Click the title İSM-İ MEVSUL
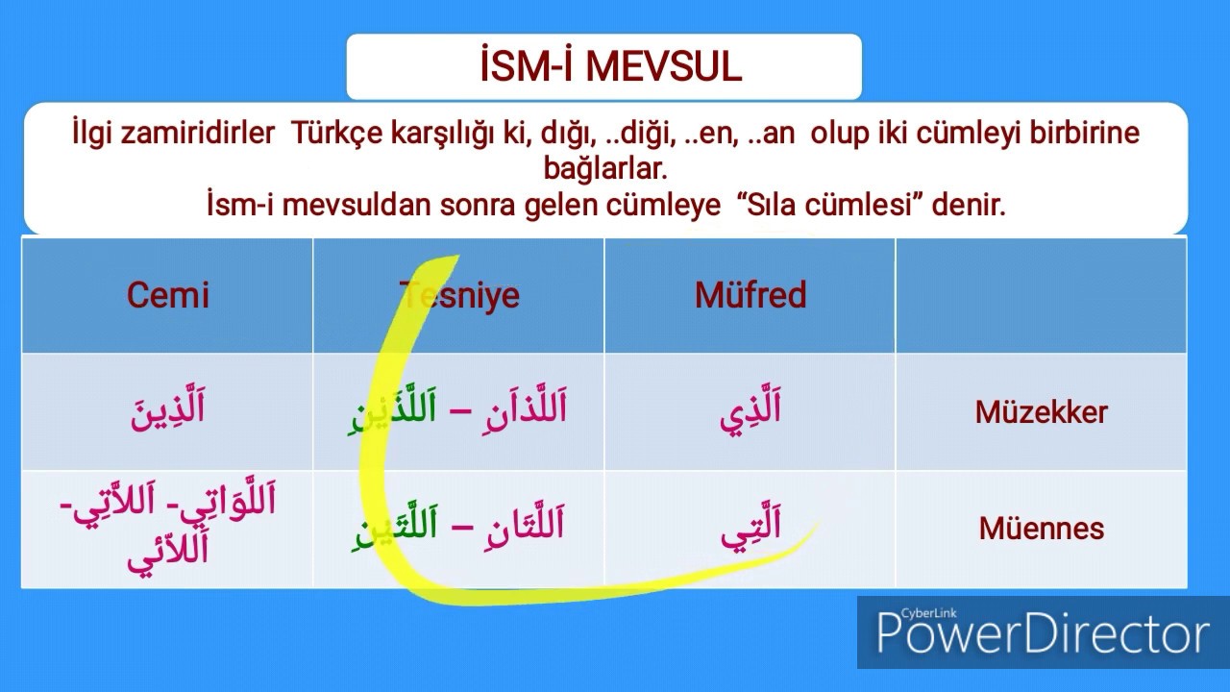coord(611,67)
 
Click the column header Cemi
coord(168,295)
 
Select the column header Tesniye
coord(459,295)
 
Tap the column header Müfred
coord(750,295)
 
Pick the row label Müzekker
coord(1042,412)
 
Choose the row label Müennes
coord(1042,529)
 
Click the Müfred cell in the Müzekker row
coord(750,411)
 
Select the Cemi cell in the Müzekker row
coord(168,411)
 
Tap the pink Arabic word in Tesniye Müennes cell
coord(517,526)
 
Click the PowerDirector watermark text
coord(1043,635)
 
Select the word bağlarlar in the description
coord(604,169)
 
